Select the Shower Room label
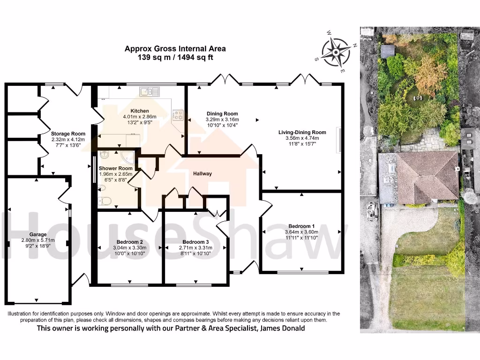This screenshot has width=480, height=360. [115, 168]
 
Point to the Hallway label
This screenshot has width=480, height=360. [202, 174]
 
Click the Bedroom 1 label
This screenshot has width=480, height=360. [301, 225]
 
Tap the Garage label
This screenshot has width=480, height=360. [38, 234]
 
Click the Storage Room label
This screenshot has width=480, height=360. [68, 133]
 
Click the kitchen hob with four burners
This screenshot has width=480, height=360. [178, 114]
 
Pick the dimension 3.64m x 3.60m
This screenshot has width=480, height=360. [301, 232]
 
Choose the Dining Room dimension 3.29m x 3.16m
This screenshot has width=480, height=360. [222, 120]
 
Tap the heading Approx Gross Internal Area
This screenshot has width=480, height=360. [175, 48]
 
